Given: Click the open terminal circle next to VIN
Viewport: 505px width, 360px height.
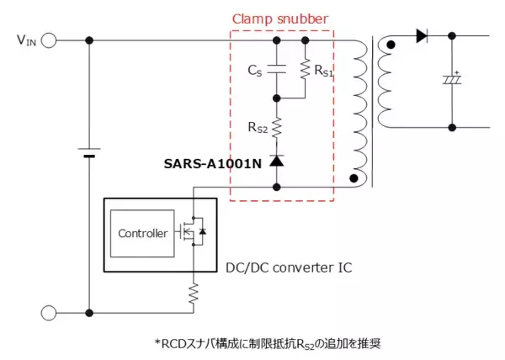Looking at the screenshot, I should pyautogui.click(x=48, y=40).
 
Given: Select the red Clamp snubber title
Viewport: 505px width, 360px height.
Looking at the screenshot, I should pyautogui.click(x=281, y=19).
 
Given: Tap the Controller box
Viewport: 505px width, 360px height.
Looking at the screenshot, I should pyautogui.click(x=142, y=233).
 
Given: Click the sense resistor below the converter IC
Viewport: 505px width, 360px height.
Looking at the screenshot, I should pyautogui.click(x=193, y=293).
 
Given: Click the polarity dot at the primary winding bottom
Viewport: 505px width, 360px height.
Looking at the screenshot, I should pyautogui.click(x=353, y=179).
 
